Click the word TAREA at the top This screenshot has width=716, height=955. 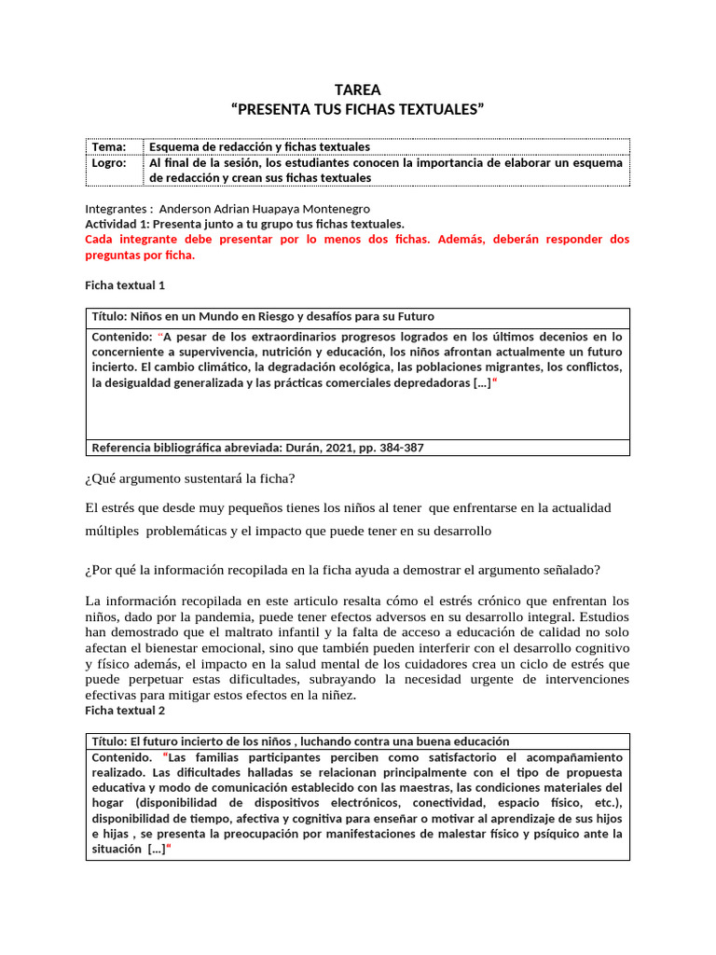(x=358, y=90)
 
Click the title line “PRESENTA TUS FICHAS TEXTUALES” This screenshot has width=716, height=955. (x=358, y=111)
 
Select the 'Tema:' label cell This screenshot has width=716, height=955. (x=108, y=147)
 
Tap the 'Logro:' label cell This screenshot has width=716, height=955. (x=107, y=162)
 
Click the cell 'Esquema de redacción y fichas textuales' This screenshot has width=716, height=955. (x=260, y=147)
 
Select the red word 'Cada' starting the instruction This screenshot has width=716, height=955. (x=100, y=240)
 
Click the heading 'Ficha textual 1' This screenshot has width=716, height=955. (x=126, y=285)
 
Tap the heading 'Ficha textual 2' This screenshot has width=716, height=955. (x=126, y=711)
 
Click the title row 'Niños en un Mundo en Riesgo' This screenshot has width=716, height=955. (x=263, y=316)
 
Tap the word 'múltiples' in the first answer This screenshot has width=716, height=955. (x=112, y=531)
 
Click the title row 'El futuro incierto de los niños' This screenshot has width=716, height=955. (x=300, y=741)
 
